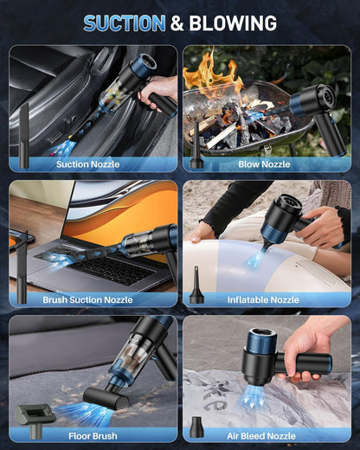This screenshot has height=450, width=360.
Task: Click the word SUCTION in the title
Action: [124, 23]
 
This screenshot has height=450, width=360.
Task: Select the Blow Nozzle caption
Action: [264, 164]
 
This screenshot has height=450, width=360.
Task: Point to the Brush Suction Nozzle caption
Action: [87, 299]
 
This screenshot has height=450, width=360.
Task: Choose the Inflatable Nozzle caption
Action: [263, 299]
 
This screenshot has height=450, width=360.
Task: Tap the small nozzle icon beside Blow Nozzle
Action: [197, 156]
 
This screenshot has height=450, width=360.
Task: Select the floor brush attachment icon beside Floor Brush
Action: [32, 415]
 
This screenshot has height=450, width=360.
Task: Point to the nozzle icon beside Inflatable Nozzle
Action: [197, 286]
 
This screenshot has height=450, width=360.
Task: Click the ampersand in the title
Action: [177, 23]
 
